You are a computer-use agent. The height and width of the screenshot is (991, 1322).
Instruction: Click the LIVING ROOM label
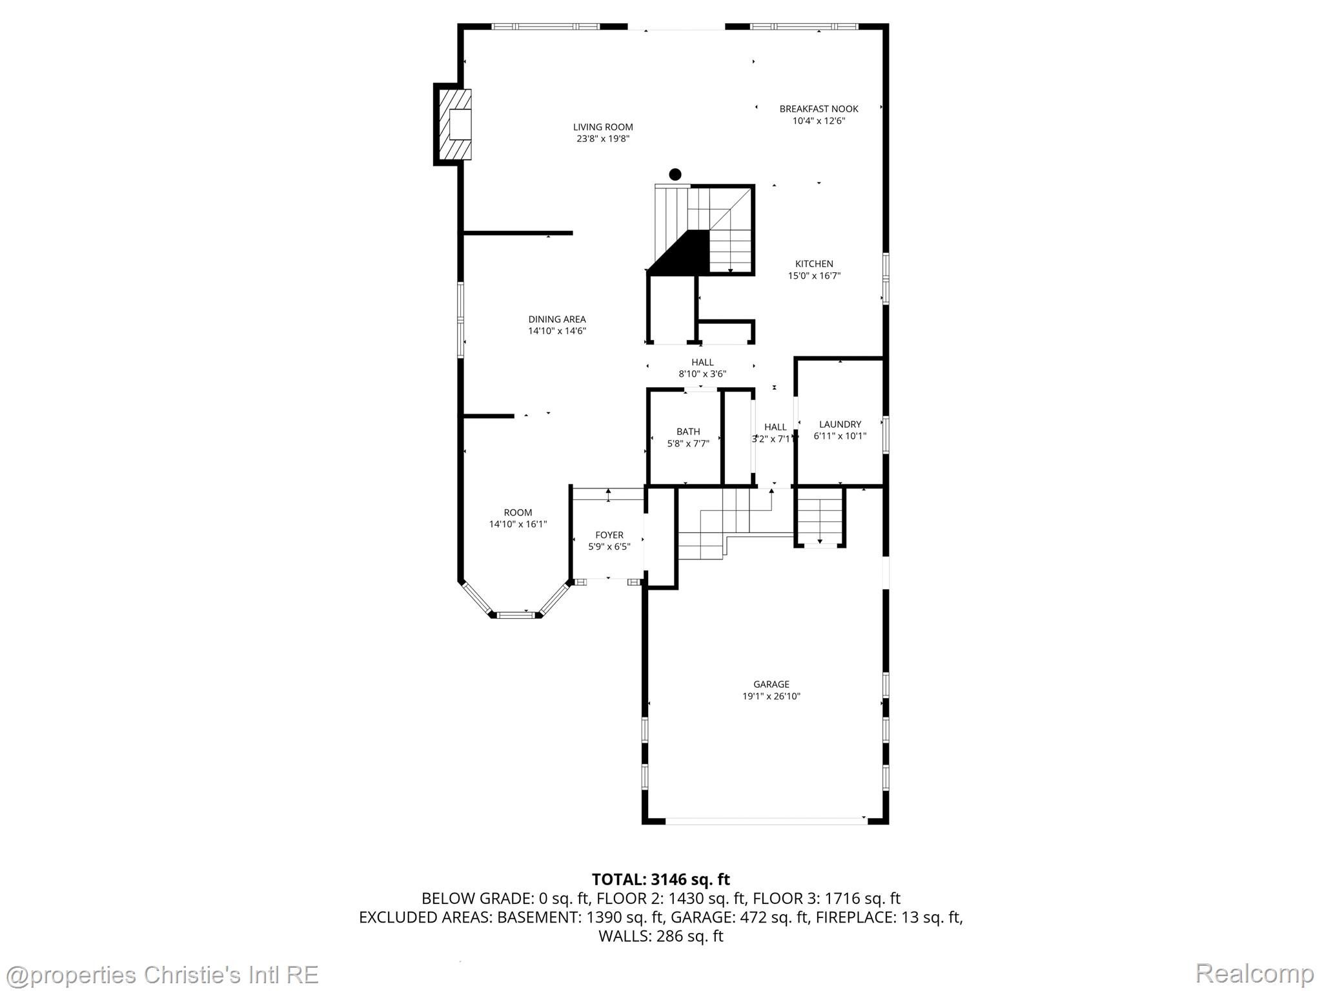(x=603, y=127)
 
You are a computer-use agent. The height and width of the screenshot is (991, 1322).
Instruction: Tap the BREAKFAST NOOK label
(x=819, y=109)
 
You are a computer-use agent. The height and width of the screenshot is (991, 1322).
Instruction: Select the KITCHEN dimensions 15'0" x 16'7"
(x=814, y=276)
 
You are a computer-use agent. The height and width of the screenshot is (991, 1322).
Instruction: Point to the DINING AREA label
(x=557, y=319)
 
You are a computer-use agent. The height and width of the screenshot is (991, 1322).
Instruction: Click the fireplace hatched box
(x=455, y=125)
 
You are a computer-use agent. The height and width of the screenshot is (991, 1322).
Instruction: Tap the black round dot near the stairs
(x=675, y=174)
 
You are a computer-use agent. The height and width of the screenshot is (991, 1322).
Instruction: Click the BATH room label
(x=688, y=432)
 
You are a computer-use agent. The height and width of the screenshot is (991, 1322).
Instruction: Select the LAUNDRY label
(x=840, y=425)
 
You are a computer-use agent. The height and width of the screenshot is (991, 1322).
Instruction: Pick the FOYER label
(x=609, y=535)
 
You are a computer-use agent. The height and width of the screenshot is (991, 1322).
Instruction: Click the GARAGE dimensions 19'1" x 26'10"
(x=771, y=696)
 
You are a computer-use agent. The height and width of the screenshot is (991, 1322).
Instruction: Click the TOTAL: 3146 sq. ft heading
(x=660, y=879)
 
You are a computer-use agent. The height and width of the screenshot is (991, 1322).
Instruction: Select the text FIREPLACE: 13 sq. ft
(x=889, y=917)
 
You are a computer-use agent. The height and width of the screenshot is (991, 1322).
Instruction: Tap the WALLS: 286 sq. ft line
(x=660, y=936)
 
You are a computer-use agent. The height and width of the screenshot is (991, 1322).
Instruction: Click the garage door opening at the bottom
(x=766, y=821)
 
